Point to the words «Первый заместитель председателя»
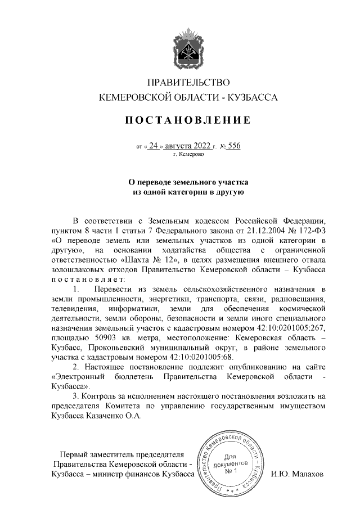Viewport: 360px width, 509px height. pyautogui.click(x=122, y=454)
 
